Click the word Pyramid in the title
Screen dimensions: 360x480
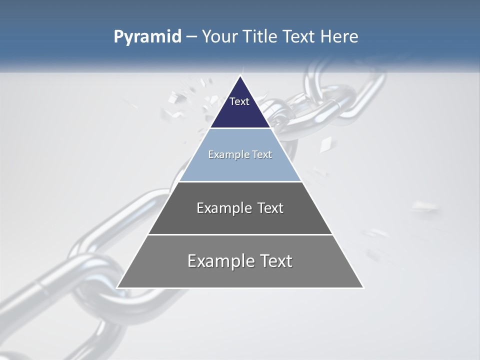pyautogui.click(x=147, y=37)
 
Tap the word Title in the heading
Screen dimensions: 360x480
pyautogui.click(x=261, y=37)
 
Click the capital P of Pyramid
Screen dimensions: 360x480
pyautogui.click(x=118, y=37)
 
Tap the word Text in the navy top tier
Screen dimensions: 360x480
pyautogui.click(x=239, y=101)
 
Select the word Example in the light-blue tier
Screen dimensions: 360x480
pyautogui.click(x=227, y=154)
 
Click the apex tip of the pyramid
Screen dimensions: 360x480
pyautogui.click(x=240, y=76)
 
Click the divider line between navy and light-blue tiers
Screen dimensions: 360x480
pyautogui.click(x=240, y=128)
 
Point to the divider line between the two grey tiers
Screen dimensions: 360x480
pyautogui.click(x=240, y=234)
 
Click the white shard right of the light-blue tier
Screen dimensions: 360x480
pyautogui.click(x=325, y=145)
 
